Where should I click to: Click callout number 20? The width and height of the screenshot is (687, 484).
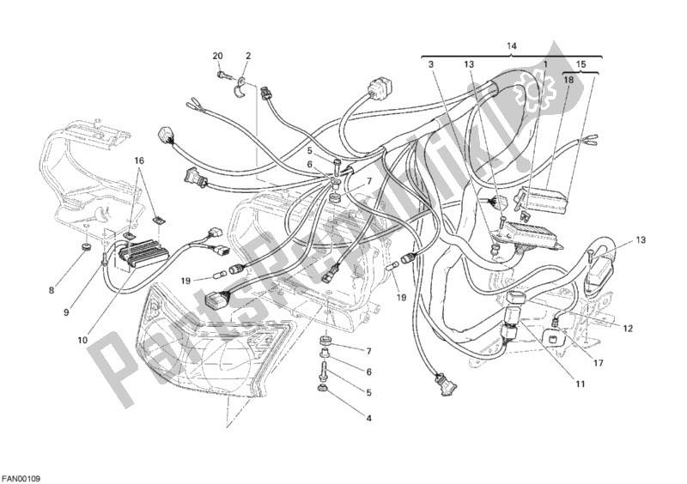(217, 56)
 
